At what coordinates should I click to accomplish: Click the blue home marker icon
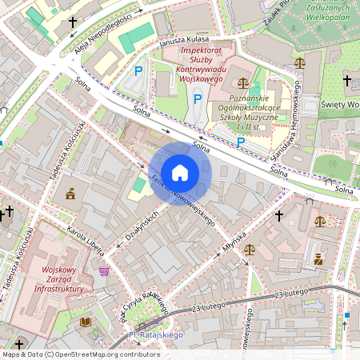[180, 173]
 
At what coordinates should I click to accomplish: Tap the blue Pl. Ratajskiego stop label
[156, 334]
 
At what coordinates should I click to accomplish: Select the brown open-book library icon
[85, 322]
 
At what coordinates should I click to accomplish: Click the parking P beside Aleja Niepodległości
[138, 71]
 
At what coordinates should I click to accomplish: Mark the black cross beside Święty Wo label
[347, 80]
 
